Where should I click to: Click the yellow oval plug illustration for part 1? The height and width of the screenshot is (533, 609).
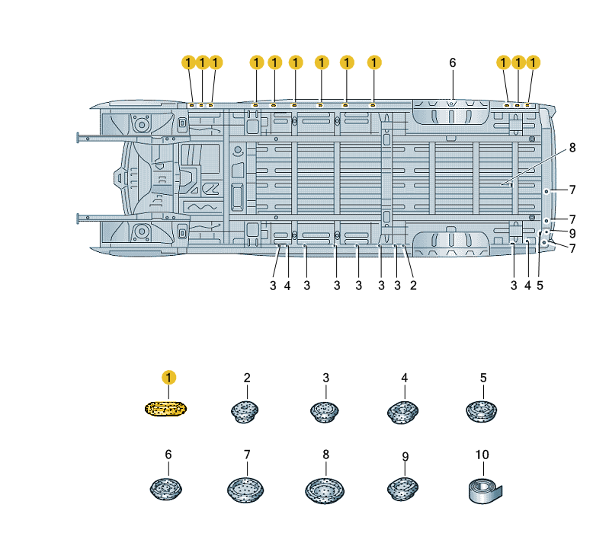tap(166, 409)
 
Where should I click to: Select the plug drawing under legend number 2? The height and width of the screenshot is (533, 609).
tap(246, 410)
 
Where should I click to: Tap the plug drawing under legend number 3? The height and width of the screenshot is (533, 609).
tap(325, 410)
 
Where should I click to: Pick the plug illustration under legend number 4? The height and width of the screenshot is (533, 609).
tap(404, 411)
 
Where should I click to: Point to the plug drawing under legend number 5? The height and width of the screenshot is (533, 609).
tap(482, 411)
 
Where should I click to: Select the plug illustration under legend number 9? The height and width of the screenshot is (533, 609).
tap(405, 487)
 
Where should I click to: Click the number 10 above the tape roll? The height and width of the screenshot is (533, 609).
tap(482, 455)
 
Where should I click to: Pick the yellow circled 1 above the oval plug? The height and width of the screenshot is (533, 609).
tap(168, 377)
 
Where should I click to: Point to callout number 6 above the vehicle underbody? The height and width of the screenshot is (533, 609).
tap(452, 62)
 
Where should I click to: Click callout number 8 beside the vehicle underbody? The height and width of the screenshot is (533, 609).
tap(572, 148)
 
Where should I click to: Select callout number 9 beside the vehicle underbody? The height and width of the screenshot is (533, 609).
tap(572, 233)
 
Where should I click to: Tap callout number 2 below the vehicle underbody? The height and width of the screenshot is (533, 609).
tap(412, 286)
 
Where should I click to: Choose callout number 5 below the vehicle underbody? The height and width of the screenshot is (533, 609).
tap(540, 286)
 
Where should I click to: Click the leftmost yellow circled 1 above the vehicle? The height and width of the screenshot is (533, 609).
tap(189, 62)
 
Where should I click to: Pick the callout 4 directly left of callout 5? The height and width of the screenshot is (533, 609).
tap(527, 286)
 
